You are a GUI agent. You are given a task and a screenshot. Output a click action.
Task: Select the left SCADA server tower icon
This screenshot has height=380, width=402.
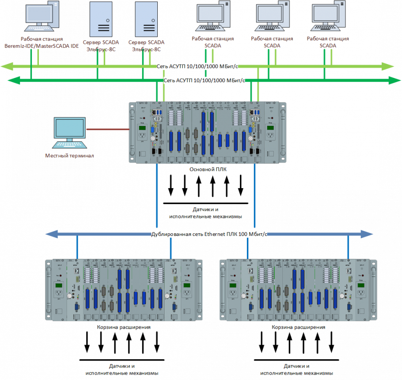102,19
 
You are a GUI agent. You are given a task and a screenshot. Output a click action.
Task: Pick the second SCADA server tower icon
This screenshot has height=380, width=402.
148,19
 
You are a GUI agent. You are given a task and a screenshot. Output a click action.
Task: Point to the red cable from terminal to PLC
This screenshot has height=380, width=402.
107,129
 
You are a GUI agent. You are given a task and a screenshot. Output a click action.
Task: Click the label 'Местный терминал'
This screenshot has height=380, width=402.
70,156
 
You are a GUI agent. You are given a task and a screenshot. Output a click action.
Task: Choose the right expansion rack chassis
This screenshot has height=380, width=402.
298,290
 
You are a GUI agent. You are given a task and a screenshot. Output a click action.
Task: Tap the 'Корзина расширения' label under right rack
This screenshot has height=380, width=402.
299,327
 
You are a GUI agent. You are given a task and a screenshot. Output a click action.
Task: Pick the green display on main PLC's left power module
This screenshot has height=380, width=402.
143,128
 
